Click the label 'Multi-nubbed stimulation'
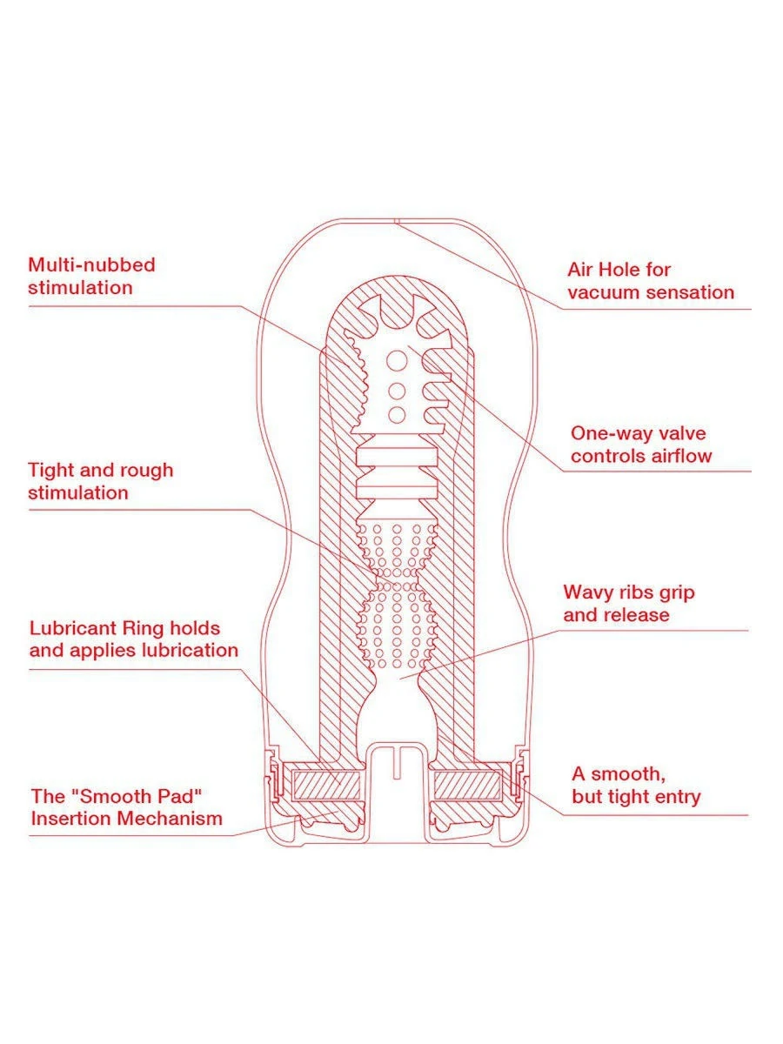pos(91,276)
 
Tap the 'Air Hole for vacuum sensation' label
pos(651,281)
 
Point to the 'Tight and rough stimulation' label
pos(100,481)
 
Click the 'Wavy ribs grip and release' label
pos(628,604)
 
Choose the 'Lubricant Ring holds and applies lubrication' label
pos(133,639)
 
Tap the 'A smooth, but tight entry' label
pos(635,785)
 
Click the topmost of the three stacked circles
pos(398,358)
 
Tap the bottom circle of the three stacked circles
pos(398,414)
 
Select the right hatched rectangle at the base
pos(467,786)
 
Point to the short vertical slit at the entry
pos(397,762)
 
